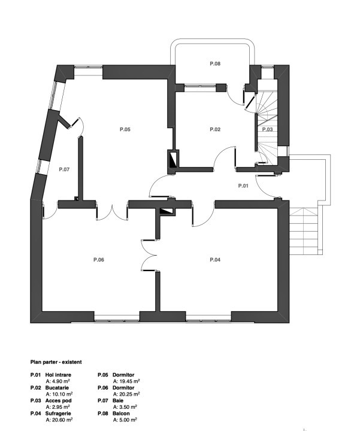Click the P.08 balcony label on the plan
coord(215,64)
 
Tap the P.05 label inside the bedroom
coord(125,129)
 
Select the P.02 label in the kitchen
coord(215,129)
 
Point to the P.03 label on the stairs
coord(267,129)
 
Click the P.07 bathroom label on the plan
coord(64,169)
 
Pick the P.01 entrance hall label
coord(243,186)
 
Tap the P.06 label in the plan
coord(99,260)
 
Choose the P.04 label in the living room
coord(215,260)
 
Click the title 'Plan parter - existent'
coord(56,362)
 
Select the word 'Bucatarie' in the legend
coord(57,388)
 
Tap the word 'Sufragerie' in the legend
coord(58,414)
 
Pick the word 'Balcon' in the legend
coord(121,414)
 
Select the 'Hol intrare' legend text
coord(58,375)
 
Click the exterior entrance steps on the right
coord(304,231)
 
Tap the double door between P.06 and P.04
coord(149,256)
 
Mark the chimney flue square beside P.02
coord(174,159)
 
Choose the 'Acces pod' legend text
coord(58,400)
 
